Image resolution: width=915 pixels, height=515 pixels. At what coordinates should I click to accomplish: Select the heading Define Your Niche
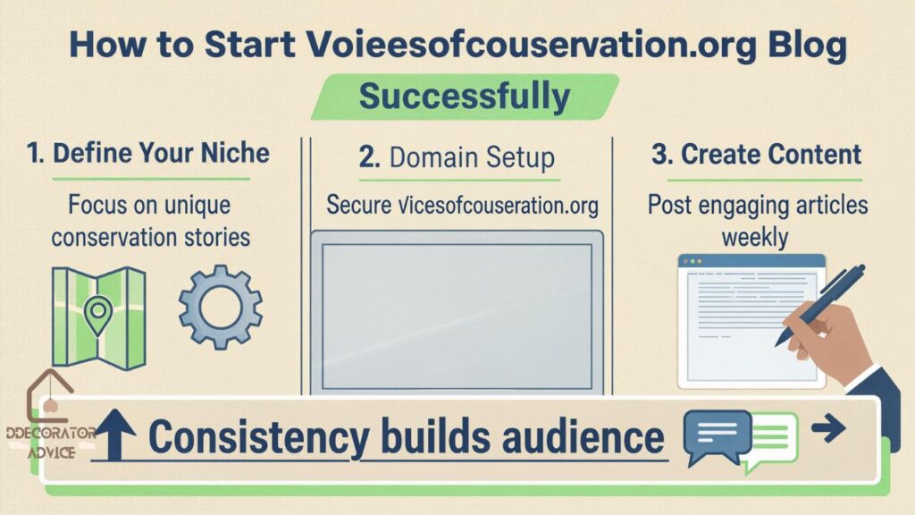tap(148, 153)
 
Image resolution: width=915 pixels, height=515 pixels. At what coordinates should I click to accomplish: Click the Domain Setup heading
tap(457, 158)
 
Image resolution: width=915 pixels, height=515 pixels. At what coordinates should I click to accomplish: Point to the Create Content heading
tap(756, 154)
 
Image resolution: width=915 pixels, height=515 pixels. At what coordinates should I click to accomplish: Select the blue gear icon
tap(220, 306)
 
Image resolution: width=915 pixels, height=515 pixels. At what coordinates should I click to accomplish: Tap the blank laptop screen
tap(457, 315)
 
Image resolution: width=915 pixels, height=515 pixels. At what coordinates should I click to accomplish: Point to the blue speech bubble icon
tap(716, 435)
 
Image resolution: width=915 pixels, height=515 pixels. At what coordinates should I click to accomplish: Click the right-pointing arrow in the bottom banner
tap(828, 430)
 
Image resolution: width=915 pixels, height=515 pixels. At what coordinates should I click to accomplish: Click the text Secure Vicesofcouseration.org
tap(462, 205)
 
